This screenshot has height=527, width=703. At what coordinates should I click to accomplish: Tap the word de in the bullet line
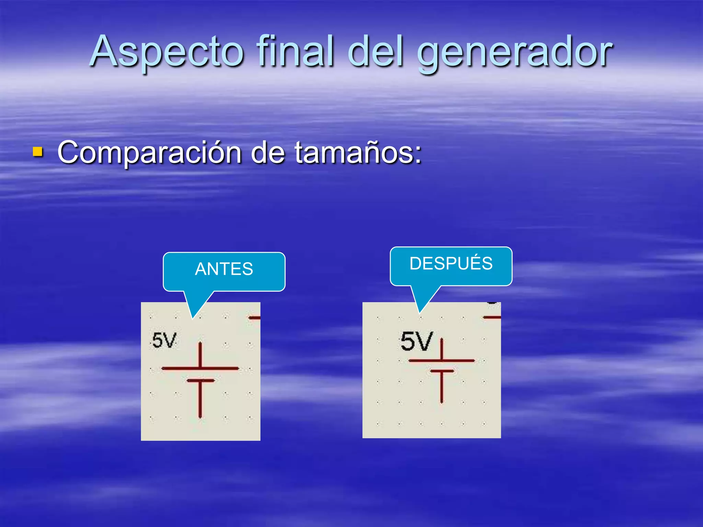(267, 152)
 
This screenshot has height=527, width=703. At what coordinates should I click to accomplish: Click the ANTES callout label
(224, 269)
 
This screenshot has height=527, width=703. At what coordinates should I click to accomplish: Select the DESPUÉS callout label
(451, 263)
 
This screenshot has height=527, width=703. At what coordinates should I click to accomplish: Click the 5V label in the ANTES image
(164, 341)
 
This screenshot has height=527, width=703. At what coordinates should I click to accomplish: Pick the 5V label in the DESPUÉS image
(416, 341)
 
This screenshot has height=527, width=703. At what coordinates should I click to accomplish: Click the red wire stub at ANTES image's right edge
(254, 318)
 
